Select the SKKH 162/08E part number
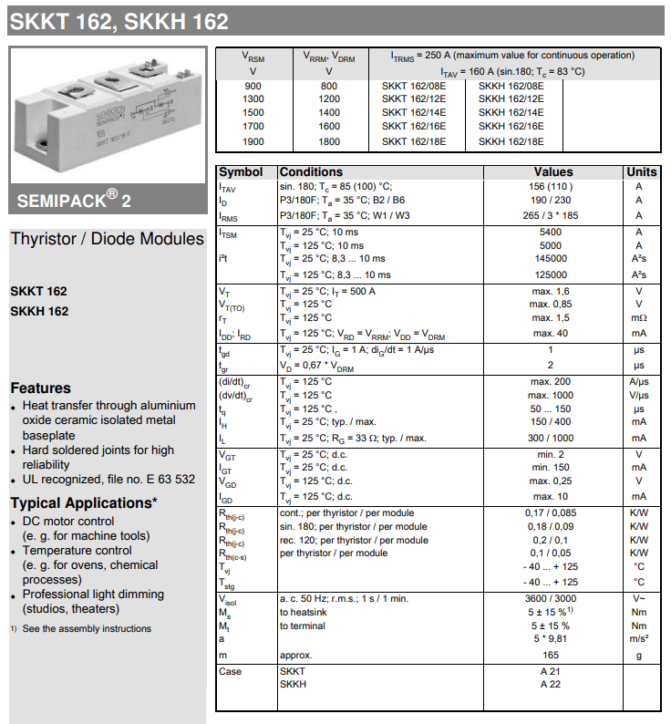pyautogui.click(x=511, y=85)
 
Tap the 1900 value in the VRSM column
pyautogui.click(x=253, y=141)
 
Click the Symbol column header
pyautogui.click(x=241, y=171)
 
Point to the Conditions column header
pyautogui.click(x=311, y=171)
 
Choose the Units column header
pyautogui.click(x=641, y=171)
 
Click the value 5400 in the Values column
pyautogui.click(x=552, y=232)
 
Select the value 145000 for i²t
pyautogui.click(x=552, y=259)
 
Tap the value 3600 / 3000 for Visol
pyautogui.click(x=552, y=598)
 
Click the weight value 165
pyautogui.click(x=552, y=655)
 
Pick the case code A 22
pyautogui.click(x=552, y=684)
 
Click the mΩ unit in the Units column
pyautogui.click(x=639, y=317)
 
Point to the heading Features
pyautogui.click(x=40, y=388)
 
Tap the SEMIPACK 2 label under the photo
pyautogui.click(x=74, y=200)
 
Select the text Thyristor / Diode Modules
pyautogui.click(x=107, y=239)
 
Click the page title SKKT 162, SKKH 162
pyautogui.click(x=119, y=22)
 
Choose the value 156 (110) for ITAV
pyautogui.click(x=552, y=186)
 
